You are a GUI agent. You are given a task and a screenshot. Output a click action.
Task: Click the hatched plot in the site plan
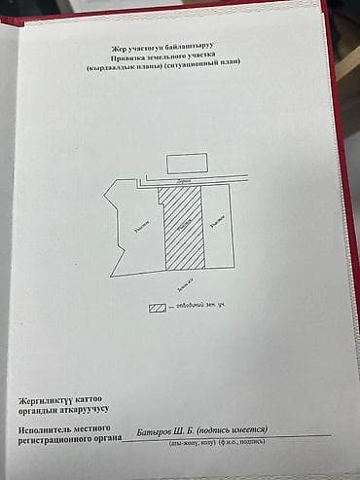[182, 228]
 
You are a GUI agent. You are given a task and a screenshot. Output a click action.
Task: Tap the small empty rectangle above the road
[187, 164]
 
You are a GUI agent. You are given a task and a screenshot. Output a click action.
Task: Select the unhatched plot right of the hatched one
[219, 226]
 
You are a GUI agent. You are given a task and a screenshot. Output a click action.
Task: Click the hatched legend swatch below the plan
[157, 308]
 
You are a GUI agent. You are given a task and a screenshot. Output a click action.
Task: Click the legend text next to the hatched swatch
[200, 308]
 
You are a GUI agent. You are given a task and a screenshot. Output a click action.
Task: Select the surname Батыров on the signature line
[157, 430]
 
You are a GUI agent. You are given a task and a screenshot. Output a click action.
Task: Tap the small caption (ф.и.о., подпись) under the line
[238, 443]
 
